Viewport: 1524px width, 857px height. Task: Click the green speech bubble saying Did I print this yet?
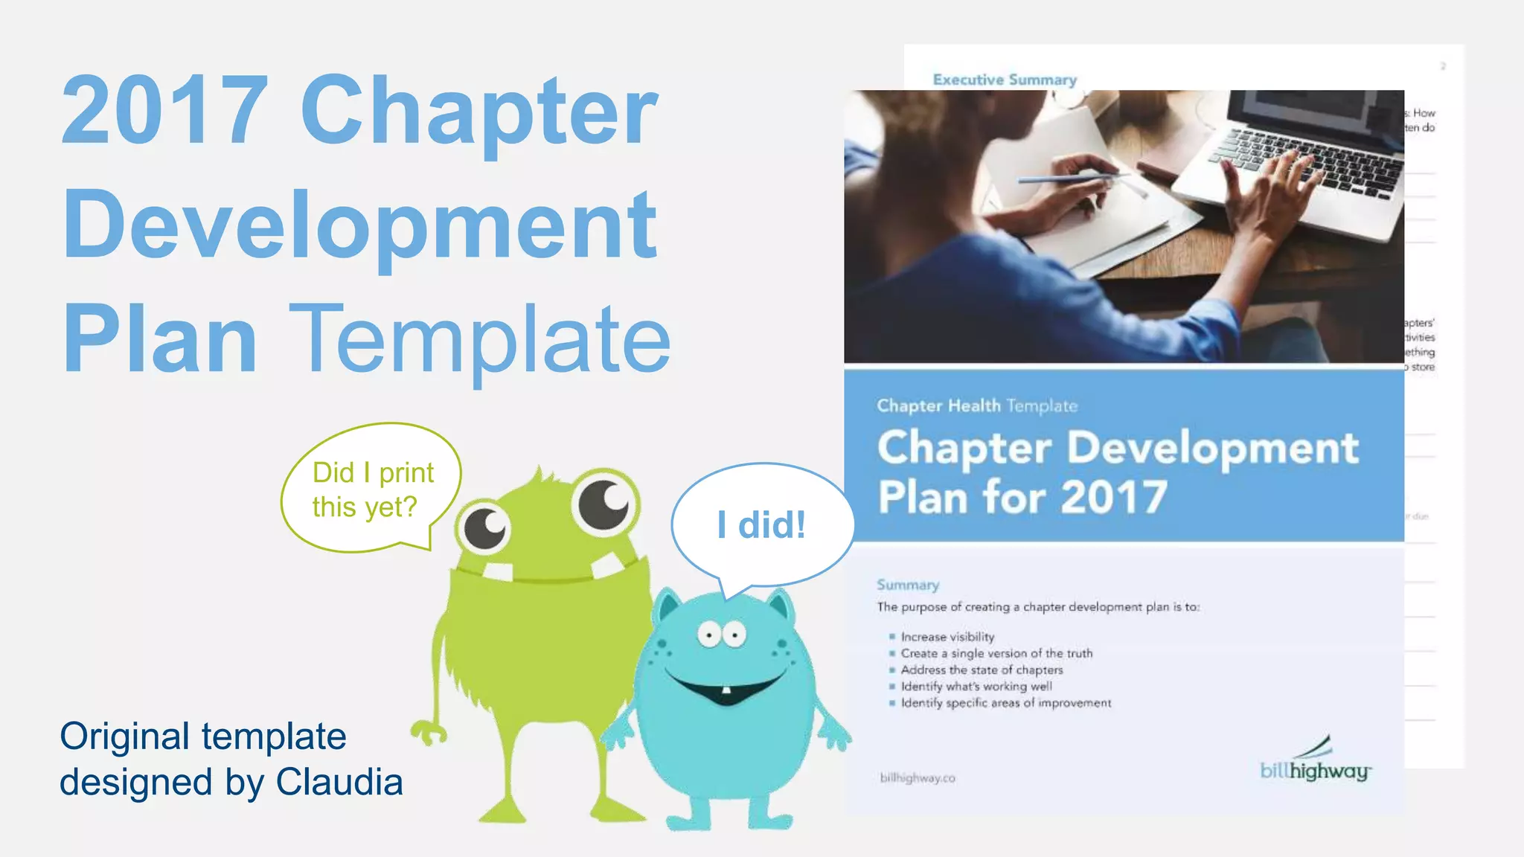tap(371, 489)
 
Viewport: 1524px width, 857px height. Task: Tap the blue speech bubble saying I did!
tap(761, 524)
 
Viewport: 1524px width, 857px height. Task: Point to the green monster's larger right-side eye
tap(605, 504)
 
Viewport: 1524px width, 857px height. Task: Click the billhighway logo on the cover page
tap(1315, 763)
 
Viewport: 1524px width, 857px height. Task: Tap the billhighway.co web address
tap(918, 778)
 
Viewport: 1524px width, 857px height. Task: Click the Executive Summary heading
tap(1005, 80)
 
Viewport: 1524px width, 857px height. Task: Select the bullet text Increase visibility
tap(947, 637)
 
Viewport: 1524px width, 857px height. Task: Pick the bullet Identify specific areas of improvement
tap(1006, 703)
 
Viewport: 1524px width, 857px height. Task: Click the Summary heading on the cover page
tap(908, 585)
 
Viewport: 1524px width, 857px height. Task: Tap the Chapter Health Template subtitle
tap(976, 405)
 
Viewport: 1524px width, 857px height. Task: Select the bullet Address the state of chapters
tap(982, 670)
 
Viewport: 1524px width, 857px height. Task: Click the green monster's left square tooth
tap(499, 571)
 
